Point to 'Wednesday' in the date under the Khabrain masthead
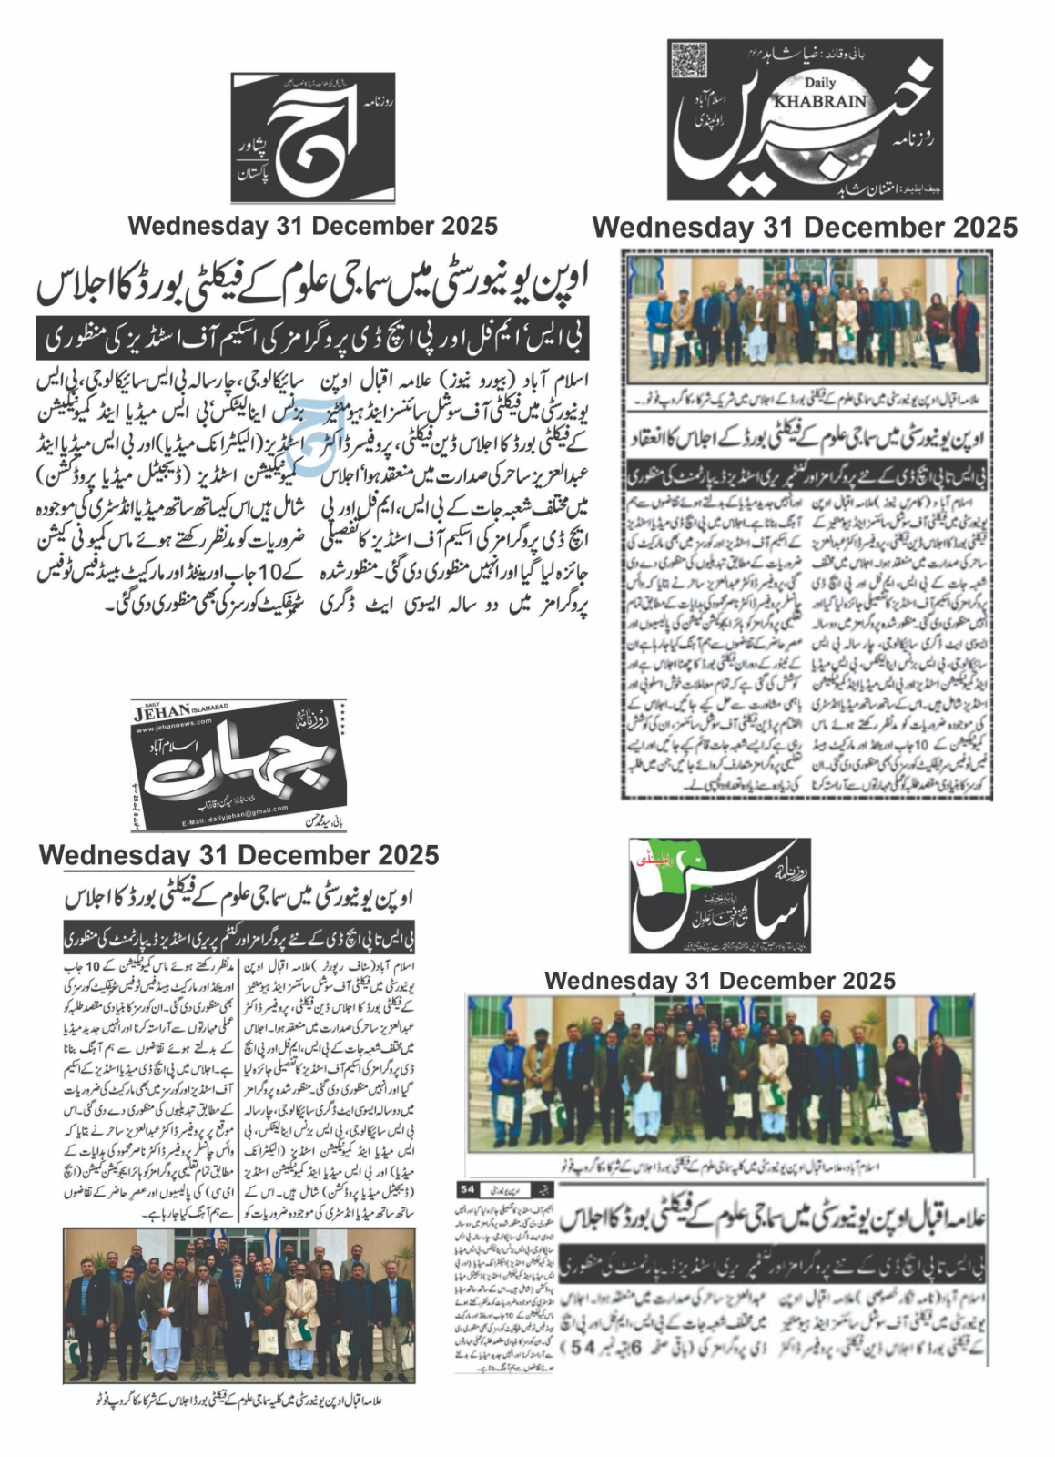[x=673, y=227]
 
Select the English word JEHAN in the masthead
[x=161, y=710]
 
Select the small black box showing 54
[x=468, y=1189]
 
